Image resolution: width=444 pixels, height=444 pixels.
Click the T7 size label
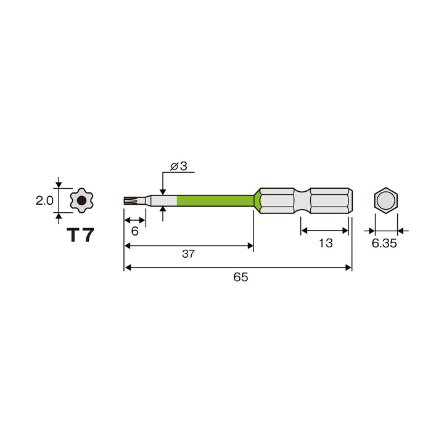[x=80, y=235]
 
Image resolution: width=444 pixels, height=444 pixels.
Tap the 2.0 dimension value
[x=44, y=200]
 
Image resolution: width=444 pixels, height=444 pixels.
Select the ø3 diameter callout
[x=179, y=166]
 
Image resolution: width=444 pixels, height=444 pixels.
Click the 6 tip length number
[x=135, y=231]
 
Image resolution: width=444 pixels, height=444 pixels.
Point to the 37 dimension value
[x=188, y=253]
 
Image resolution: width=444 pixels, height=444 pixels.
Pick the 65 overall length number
[x=240, y=277]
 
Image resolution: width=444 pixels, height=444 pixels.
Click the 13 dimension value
[x=326, y=243]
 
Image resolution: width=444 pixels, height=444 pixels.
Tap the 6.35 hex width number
[x=384, y=243]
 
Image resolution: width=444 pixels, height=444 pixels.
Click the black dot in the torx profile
[x=81, y=200]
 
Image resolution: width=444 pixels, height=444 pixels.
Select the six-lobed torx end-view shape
[x=81, y=200]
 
